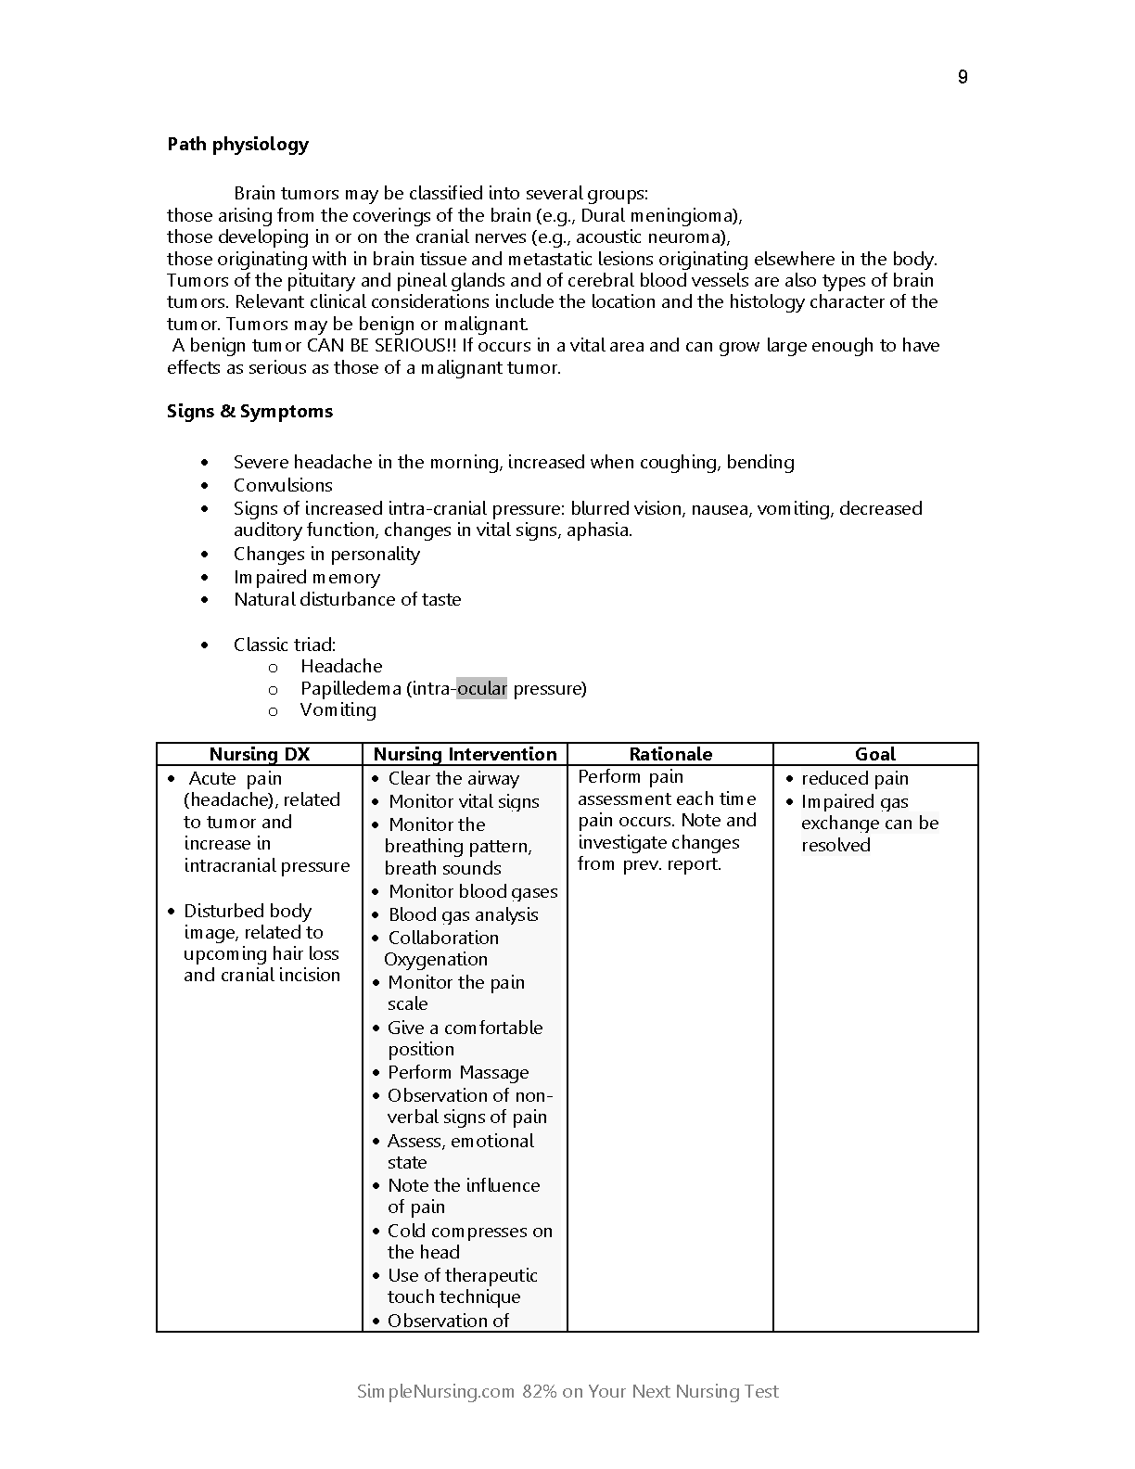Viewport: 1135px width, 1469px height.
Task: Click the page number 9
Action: pyautogui.click(x=963, y=77)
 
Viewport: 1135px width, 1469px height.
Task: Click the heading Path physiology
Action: pyautogui.click(x=237, y=144)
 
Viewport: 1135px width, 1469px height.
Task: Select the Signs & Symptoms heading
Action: pyautogui.click(x=249, y=411)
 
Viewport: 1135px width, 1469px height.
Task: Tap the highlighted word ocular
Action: pyautogui.click(x=481, y=688)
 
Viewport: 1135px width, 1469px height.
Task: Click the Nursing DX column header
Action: pyautogui.click(x=259, y=754)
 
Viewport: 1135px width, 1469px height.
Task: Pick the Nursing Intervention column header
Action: pyautogui.click(x=465, y=754)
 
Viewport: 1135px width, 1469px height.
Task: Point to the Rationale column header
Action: pyautogui.click(x=670, y=754)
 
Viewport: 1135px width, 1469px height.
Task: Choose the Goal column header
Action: pyautogui.click(x=875, y=754)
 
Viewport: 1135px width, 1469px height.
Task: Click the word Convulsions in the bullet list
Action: pyautogui.click(x=283, y=485)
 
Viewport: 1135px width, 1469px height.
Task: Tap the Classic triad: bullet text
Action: pyautogui.click(x=285, y=645)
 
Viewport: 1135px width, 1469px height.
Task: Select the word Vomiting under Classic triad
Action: pyautogui.click(x=338, y=709)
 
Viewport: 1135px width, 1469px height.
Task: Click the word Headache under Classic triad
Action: pyautogui.click(x=341, y=666)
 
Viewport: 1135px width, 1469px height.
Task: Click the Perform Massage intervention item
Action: pyautogui.click(x=458, y=1072)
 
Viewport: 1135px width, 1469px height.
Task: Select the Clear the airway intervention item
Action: pyautogui.click(x=453, y=778)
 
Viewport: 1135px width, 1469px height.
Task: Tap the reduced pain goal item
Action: pyautogui.click(x=855, y=778)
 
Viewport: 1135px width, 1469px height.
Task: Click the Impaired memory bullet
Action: pyautogui.click(x=307, y=577)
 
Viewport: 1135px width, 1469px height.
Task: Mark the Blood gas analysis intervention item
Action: pyautogui.click(x=463, y=914)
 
